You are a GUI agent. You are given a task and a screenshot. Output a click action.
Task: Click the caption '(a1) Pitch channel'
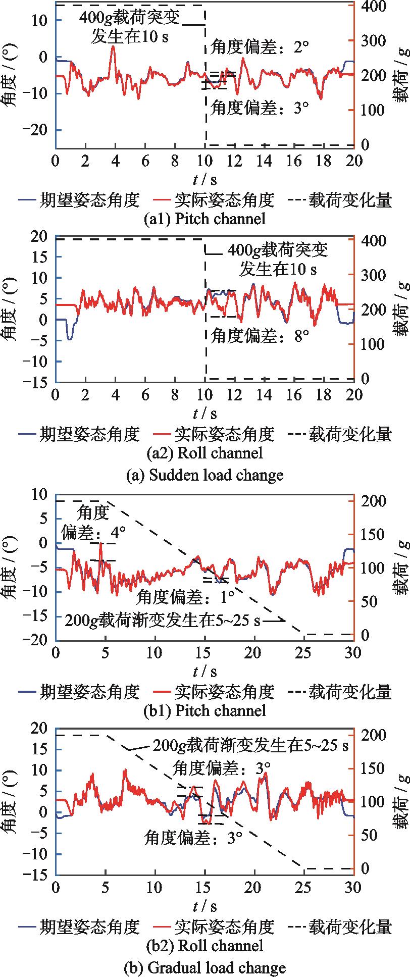pos(204,219)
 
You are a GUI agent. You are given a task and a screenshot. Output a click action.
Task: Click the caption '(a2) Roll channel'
pos(204,453)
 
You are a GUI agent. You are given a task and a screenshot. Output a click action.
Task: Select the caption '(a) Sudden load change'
pos(204,475)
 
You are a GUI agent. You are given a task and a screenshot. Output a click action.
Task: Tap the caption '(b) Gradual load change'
pos(204,967)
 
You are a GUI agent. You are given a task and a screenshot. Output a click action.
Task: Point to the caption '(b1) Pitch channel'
pos(204,711)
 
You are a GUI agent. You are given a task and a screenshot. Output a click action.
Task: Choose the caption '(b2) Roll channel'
pos(204,946)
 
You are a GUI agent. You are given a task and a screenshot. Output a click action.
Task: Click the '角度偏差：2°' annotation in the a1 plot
pos(260,48)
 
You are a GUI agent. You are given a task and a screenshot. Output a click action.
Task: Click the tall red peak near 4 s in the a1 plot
pos(113,46)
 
